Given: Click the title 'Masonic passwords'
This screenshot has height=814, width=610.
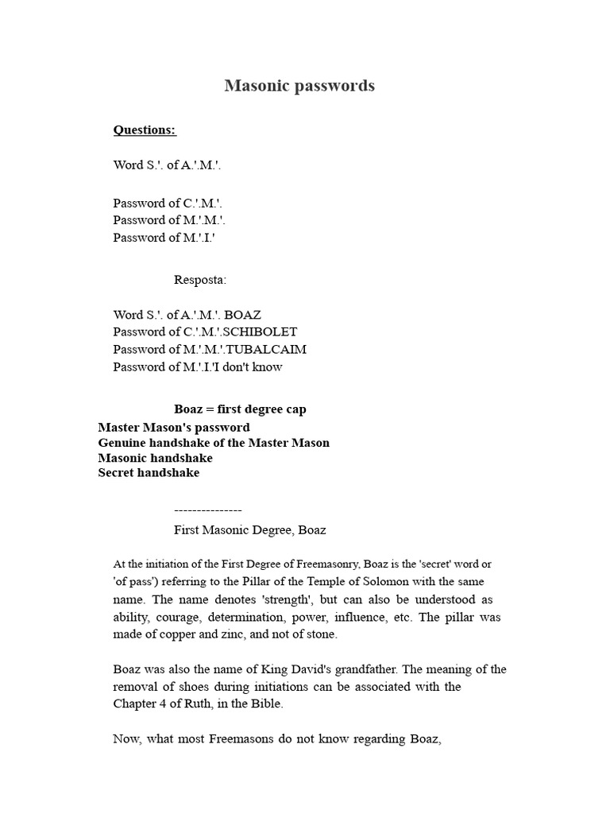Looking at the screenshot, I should click(x=299, y=86).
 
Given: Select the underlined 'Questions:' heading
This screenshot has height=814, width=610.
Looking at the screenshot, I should click(x=145, y=130).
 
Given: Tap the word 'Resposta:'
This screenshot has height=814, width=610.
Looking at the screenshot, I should click(x=200, y=280).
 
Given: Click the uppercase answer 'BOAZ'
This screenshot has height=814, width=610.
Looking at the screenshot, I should click(x=243, y=315).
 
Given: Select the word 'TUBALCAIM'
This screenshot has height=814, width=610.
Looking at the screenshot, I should click(x=267, y=350).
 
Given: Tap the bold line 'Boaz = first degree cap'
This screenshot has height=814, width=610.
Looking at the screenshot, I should click(x=240, y=409).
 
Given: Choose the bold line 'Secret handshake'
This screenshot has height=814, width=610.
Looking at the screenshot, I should click(x=149, y=473).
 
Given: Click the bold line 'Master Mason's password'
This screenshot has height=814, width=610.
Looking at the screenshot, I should click(x=174, y=428).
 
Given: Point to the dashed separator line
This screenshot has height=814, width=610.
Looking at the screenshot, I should click(x=207, y=510).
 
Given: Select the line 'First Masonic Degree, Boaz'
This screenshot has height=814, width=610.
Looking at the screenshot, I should click(x=249, y=530).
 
